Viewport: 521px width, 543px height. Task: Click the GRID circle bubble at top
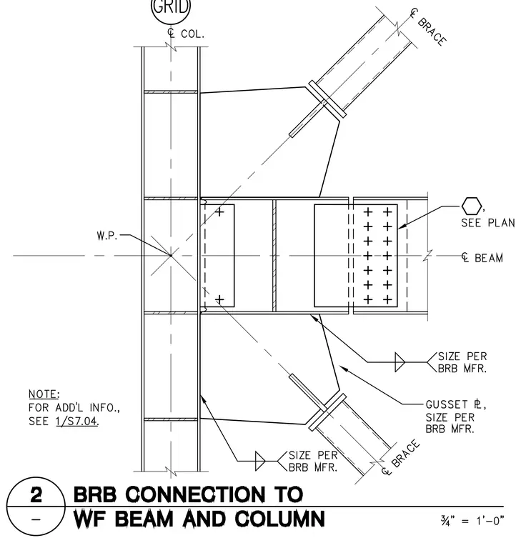tap(171, 9)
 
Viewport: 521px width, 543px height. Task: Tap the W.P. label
tap(107, 236)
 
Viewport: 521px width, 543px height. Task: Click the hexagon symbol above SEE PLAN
tap(472, 206)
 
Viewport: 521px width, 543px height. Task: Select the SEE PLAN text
tap(487, 223)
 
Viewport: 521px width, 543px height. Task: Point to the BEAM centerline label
tap(482, 258)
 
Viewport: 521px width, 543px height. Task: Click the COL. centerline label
tap(186, 34)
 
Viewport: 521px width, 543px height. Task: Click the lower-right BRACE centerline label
tap(401, 457)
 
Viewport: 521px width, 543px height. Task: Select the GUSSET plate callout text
tap(456, 417)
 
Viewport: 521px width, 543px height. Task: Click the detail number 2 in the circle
tap(36, 494)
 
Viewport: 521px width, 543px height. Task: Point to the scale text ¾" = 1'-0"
tap(472, 520)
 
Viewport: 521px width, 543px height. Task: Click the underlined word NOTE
tap(44, 394)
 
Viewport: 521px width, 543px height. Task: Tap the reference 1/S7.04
tap(76, 422)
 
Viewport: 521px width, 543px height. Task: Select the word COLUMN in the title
tap(280, 519)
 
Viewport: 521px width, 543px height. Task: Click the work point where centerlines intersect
tap(171, 256)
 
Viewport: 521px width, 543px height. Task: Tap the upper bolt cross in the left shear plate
tap(219, 211)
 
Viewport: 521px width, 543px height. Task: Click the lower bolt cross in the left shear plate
tap(219, 299)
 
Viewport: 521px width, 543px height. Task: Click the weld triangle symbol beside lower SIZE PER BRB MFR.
tap(260, 461)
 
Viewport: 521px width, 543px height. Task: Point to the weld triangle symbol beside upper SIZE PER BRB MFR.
tap(400, 362)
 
